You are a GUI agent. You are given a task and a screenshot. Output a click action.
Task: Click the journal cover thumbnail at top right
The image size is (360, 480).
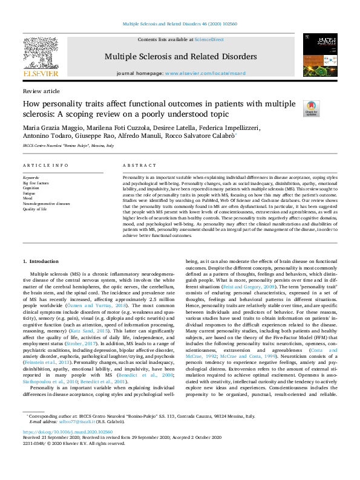coord(320,56)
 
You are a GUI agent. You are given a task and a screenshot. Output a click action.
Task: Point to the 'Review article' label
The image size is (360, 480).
coord(41,91)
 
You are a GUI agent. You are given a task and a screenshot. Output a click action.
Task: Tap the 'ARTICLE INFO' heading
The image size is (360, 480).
coord(45,165)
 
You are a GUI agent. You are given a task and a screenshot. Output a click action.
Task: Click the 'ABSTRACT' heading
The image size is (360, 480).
coord(136,165)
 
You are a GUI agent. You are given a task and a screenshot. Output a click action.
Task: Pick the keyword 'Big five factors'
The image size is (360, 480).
coord(35,182)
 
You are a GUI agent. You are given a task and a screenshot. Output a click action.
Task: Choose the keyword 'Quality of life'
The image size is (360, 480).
coord(34,209)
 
